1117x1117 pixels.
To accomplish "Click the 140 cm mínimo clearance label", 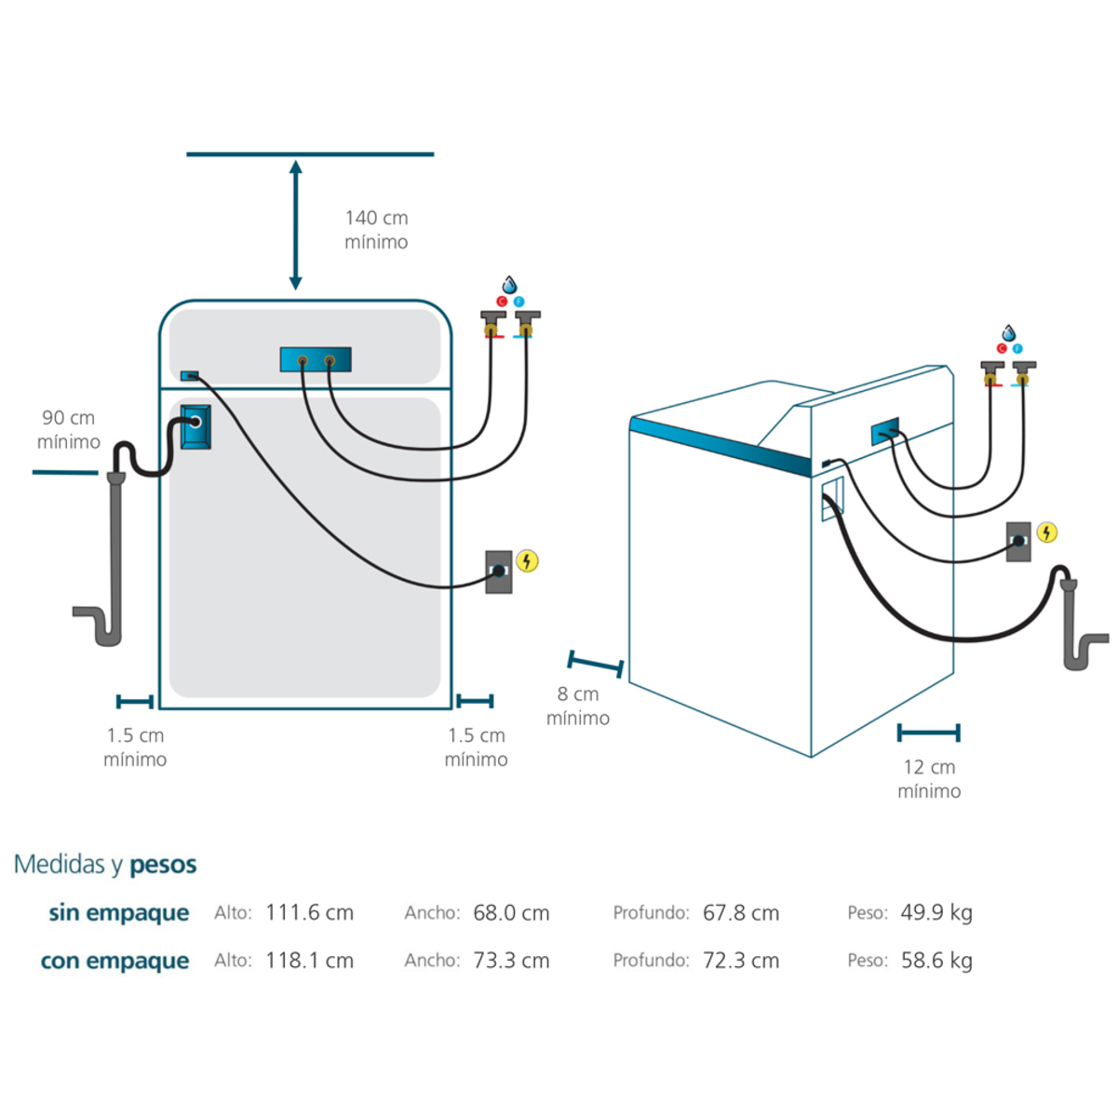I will tap(376, 230).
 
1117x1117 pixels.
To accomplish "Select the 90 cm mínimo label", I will tap(68, 430).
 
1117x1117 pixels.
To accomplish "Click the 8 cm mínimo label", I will tap(578, 707).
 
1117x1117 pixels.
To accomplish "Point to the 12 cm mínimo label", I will tap(929, 779).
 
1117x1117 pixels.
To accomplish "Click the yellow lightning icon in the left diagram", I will tap(528, 561).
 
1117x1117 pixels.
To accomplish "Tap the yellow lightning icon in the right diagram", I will tap(1048, 532).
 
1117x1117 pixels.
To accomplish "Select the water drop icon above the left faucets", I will tap(509, 285).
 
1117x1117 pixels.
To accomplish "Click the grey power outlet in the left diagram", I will tap(499, 572).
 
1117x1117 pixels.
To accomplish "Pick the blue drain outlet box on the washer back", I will tap(195, 426).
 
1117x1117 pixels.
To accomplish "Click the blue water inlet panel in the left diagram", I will tap(316, 359).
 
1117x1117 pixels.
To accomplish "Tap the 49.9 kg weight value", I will tap(936, 913).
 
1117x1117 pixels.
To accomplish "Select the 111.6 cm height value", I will tap(309, 913).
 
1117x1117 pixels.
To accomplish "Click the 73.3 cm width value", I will tap(511, 961).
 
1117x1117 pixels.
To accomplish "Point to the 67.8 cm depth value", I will tap(741, 913).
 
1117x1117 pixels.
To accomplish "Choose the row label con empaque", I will tap(114, 961).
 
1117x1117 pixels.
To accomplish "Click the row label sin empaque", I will tap(118, 913).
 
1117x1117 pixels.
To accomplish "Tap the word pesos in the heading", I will tap(163, 865).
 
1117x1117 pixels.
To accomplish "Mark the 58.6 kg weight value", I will tap(936, 961).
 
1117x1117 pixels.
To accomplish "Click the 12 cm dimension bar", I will tap(928, 733).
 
